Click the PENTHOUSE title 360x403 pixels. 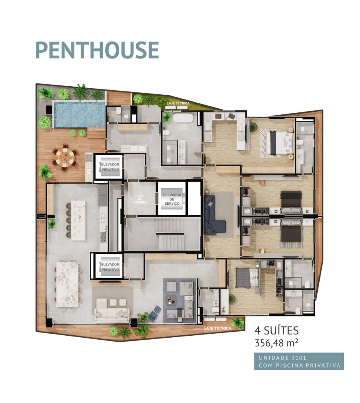coord(97,50)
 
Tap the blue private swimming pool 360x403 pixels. coord(79,114)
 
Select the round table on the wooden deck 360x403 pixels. coord(65,158)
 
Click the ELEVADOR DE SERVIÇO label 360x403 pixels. coord(172,199)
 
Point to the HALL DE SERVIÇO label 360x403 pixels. coord(140,199)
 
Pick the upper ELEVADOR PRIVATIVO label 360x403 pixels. coord(110,167)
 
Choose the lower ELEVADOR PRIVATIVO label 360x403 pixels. coord(110,267)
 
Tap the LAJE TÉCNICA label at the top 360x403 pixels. coord(178,103)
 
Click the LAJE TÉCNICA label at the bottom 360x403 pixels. coord(217,328)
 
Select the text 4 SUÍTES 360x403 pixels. coord(277,330)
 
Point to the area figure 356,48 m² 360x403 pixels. coord(277,343)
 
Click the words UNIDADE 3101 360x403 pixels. coord(282,358)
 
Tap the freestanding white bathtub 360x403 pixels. coord(183,118)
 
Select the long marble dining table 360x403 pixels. coord(67,285)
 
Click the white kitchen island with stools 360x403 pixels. coord(78,220)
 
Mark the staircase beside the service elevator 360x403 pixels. coord(170,234)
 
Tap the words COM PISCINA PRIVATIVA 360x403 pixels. coord(300,366)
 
